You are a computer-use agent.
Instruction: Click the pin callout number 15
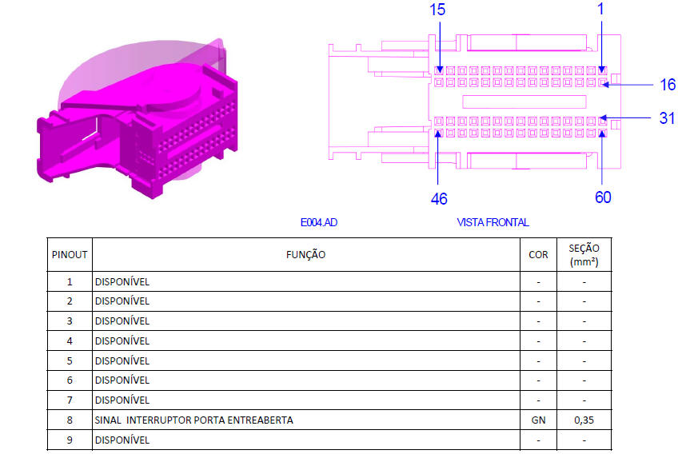coord(437,10)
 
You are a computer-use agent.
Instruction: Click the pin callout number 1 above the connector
coord(600,9)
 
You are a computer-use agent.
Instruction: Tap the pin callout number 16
coord(668,85)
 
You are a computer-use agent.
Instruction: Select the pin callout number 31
coord(667,118)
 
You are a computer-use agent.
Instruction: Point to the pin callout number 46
coord(439,199)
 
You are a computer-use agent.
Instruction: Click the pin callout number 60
coord(603,197)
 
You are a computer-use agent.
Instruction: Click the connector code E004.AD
coord(318,223)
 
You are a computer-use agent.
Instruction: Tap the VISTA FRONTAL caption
coord(493,223)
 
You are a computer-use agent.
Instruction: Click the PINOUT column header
coord(70,255)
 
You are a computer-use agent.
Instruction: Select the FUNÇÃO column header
coord(305,255)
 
